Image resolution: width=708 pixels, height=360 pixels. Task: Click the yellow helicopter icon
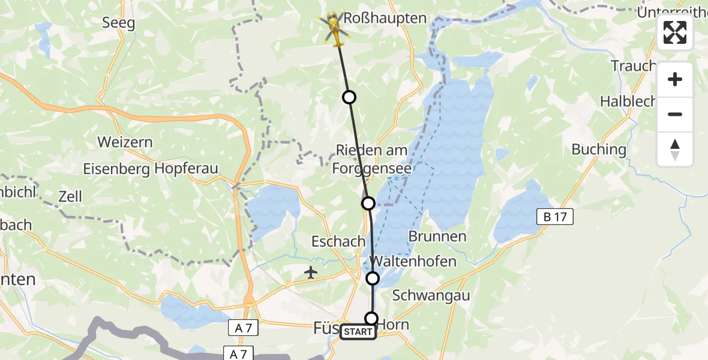335,29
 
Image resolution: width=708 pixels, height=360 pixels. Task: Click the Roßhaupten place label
394,19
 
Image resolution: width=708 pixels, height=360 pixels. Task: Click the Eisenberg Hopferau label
151,169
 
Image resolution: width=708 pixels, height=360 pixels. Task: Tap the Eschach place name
338,241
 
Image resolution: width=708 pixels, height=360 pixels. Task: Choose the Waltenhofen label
414,261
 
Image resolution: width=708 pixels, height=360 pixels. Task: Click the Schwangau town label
431,295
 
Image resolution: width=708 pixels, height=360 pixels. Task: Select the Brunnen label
437,236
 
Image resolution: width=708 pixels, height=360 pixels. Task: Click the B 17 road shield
555,217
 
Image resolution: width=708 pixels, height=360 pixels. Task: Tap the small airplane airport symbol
311,273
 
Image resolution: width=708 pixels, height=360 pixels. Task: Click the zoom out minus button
675,114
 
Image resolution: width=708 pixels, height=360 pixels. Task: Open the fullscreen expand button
675,32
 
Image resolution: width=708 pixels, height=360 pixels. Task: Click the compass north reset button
675,149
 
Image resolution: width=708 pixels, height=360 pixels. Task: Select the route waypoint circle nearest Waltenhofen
373,278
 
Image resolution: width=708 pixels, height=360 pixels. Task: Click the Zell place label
70,196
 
